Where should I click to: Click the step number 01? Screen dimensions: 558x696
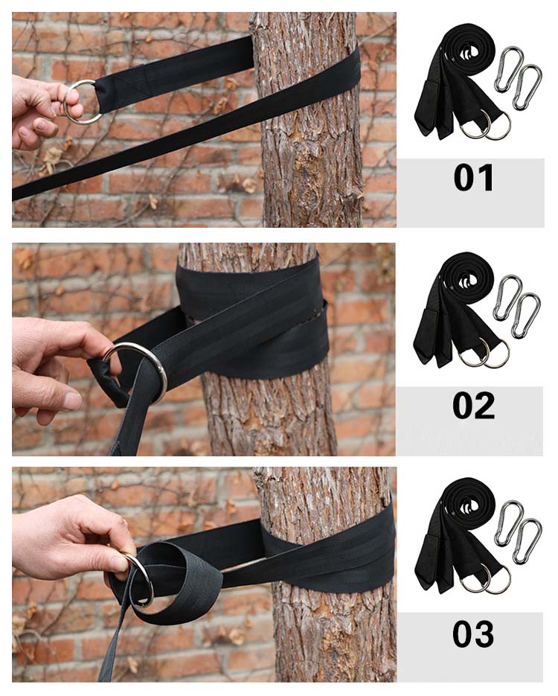tap(473, 178)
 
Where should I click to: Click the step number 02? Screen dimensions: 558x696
tap(473, 406)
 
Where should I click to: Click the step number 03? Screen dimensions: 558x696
tap(473, 634)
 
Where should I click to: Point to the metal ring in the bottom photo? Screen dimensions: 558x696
tap(147, 577)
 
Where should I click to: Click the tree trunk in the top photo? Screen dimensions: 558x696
tap(310, 133)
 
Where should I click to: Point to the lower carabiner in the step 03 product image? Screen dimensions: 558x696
tap(527, 540)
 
